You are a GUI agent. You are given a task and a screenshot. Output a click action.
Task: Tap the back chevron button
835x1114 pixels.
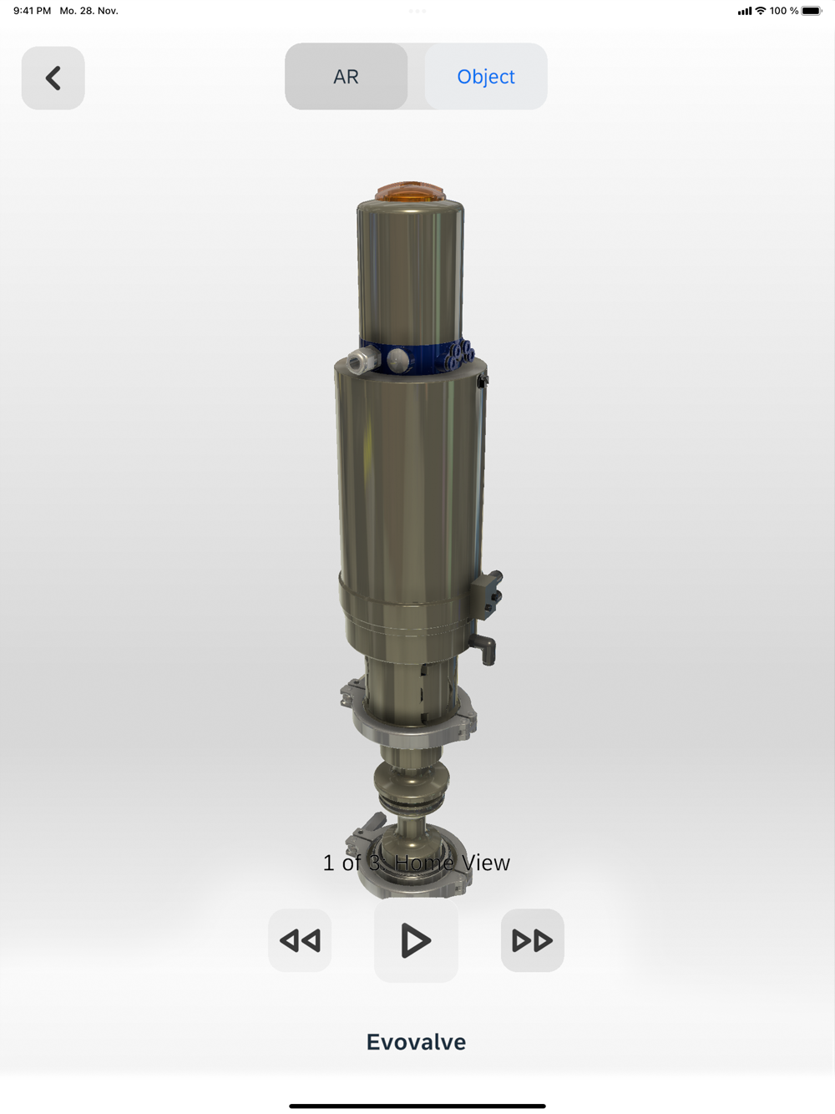click(53, 78)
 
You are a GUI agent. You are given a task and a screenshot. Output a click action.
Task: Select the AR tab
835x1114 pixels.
click(346, 77)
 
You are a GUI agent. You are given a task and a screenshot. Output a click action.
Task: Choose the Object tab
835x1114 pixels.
click(485, 77)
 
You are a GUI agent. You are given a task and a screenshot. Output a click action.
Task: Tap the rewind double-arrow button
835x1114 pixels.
click(300, 940)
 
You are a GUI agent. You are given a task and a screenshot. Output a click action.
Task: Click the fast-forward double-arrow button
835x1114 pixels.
click(532, 940)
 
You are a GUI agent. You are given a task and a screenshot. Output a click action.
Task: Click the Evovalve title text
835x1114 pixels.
click(416, 1042)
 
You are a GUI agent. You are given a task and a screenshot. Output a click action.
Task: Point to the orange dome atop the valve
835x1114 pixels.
click(410, 191)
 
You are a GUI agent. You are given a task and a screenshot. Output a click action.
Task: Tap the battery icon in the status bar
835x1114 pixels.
click(811, 11)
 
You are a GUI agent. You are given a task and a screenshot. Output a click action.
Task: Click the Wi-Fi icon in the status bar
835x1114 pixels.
click(761, 11)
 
